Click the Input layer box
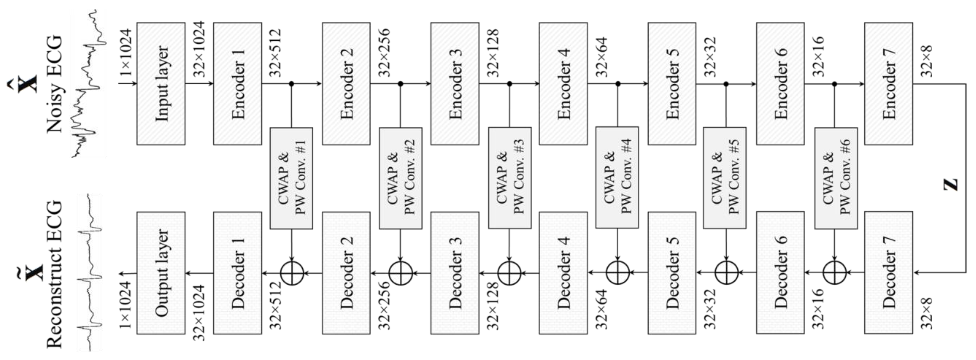coord(161,84)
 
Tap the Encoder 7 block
coord(888,84)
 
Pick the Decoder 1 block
coord(237,273)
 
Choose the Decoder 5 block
coord(672,273)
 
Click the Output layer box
coord(161,273)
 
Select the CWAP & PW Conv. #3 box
coord(510,178)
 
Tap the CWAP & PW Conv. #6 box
coord(836,178)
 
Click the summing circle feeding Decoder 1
coord(292,273)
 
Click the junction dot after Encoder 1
coord(291,84)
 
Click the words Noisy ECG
coord(54,84)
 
